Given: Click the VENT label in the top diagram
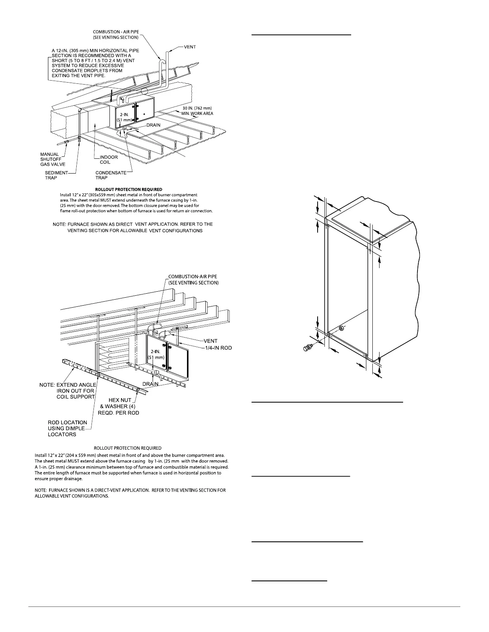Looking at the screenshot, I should coord(189,47).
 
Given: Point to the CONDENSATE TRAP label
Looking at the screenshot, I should coord(111,175).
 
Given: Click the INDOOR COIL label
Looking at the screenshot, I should coord(109,160).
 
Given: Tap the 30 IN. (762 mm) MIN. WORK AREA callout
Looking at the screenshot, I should coord(197,111).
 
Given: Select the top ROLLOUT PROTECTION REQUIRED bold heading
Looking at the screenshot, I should coord(129,189).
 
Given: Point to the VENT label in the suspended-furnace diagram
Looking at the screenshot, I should coord(210,341).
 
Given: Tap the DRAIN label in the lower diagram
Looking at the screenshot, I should coord(151,384).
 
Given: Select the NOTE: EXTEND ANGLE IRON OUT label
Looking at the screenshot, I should coord(68,391).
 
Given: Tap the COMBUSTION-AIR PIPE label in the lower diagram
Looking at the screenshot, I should coord(193,279).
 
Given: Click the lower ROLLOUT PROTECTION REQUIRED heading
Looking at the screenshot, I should coord(127,448).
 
